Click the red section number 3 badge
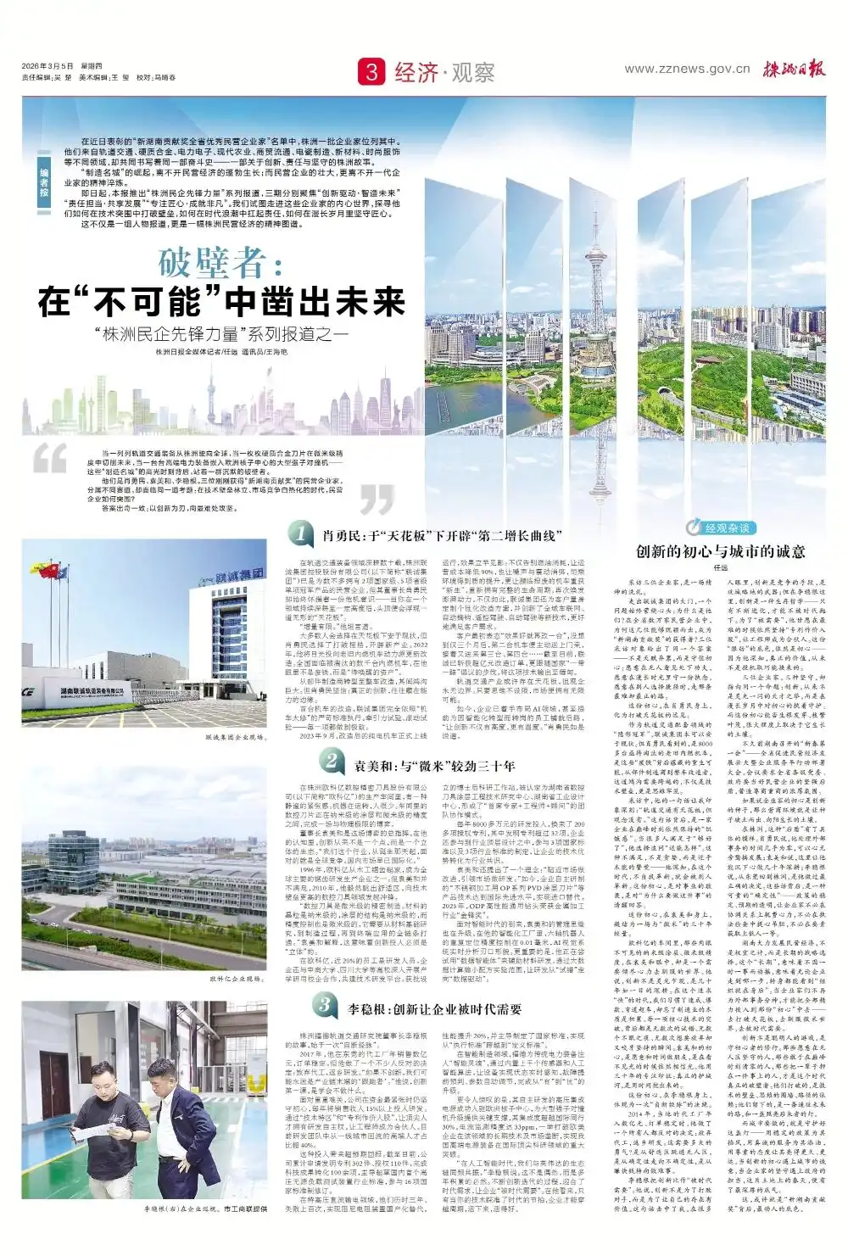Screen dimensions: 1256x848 [x=371, y=71]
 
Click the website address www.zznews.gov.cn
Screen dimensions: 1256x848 [x=687, y=69]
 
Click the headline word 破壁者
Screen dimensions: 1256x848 [x=220, y=264]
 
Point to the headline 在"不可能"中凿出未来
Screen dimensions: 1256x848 [x=221, y=302]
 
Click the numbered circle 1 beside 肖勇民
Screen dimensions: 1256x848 [x=300, y=533]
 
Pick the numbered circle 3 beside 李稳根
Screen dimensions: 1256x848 [x=325, y=1005]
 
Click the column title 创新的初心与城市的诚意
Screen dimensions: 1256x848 [x=720, y=551]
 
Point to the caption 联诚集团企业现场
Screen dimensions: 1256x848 [x=236, y=738]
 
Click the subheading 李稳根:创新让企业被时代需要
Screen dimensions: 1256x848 [x=435, y=1009]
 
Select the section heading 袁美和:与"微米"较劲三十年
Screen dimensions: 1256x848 [x=434, y=766]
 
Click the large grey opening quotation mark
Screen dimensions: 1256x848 [x=50, y=459]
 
